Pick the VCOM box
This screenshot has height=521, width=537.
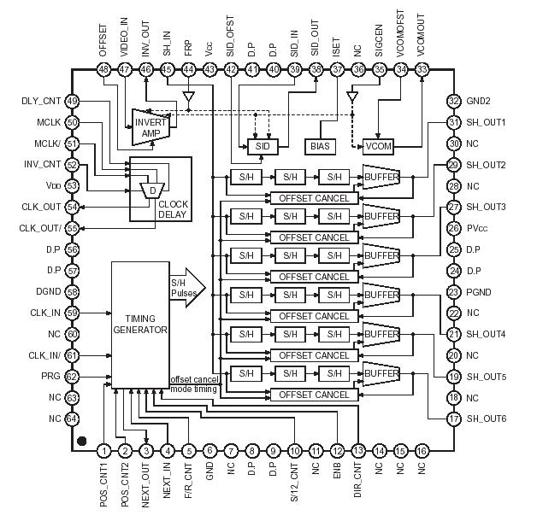coord(377,146)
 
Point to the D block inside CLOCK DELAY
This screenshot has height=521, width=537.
coord(151,190)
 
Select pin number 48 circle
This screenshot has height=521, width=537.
coord(104,69)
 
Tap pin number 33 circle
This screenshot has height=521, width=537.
coord(421,69)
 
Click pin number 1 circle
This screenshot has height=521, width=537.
coord(104,450)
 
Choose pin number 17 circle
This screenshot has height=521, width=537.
coord(453,419)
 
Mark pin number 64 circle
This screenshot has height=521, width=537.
coord(72,419)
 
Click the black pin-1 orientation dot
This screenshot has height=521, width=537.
coord(81,442)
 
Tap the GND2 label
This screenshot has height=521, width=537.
coord(479,102)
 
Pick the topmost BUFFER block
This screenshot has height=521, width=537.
coord(381,177)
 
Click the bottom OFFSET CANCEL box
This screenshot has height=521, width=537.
coord(310,395)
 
